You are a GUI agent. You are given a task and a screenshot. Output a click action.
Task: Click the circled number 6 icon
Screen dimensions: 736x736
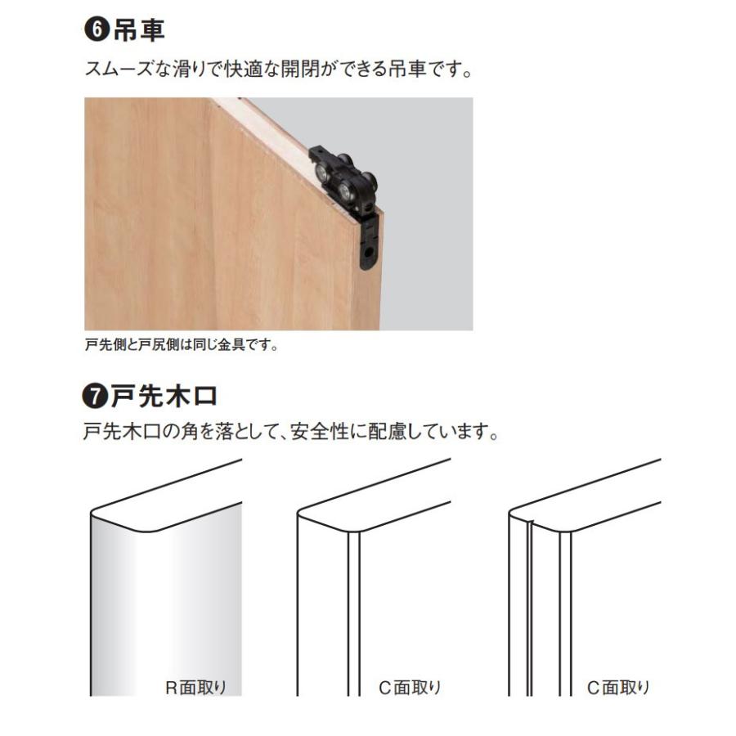click(96, 30)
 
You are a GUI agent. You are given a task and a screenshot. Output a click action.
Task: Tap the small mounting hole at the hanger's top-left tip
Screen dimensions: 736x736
click(315, 153)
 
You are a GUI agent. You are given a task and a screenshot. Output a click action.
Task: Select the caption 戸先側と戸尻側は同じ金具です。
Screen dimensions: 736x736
click(182, 344)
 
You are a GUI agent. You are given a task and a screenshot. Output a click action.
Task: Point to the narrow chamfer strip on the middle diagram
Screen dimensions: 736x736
click(353, 613)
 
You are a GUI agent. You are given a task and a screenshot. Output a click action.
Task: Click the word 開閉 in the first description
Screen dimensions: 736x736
click(328, 70)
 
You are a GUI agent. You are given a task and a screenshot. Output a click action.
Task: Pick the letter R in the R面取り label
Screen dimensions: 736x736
click(171, 688)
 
